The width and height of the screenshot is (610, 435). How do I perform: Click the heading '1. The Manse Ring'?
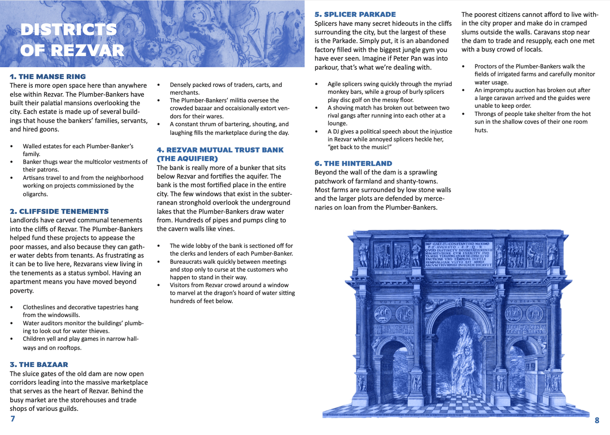tap(48, 77)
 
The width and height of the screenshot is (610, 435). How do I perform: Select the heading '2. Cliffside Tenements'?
tap(59, 211)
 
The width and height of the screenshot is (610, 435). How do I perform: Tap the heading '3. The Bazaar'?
tap(39, 364)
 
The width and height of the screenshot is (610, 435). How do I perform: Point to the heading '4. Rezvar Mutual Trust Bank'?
tap(220, 150)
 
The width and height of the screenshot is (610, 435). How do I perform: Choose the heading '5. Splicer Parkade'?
tap(355, 14)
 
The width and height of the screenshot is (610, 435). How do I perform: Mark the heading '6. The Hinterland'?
tap(353, 164)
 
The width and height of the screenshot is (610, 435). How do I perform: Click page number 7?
tap(13, 419)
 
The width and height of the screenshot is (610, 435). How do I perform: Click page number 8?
tap(597, 420)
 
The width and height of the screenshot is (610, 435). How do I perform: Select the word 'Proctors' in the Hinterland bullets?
tap(486, 66)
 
